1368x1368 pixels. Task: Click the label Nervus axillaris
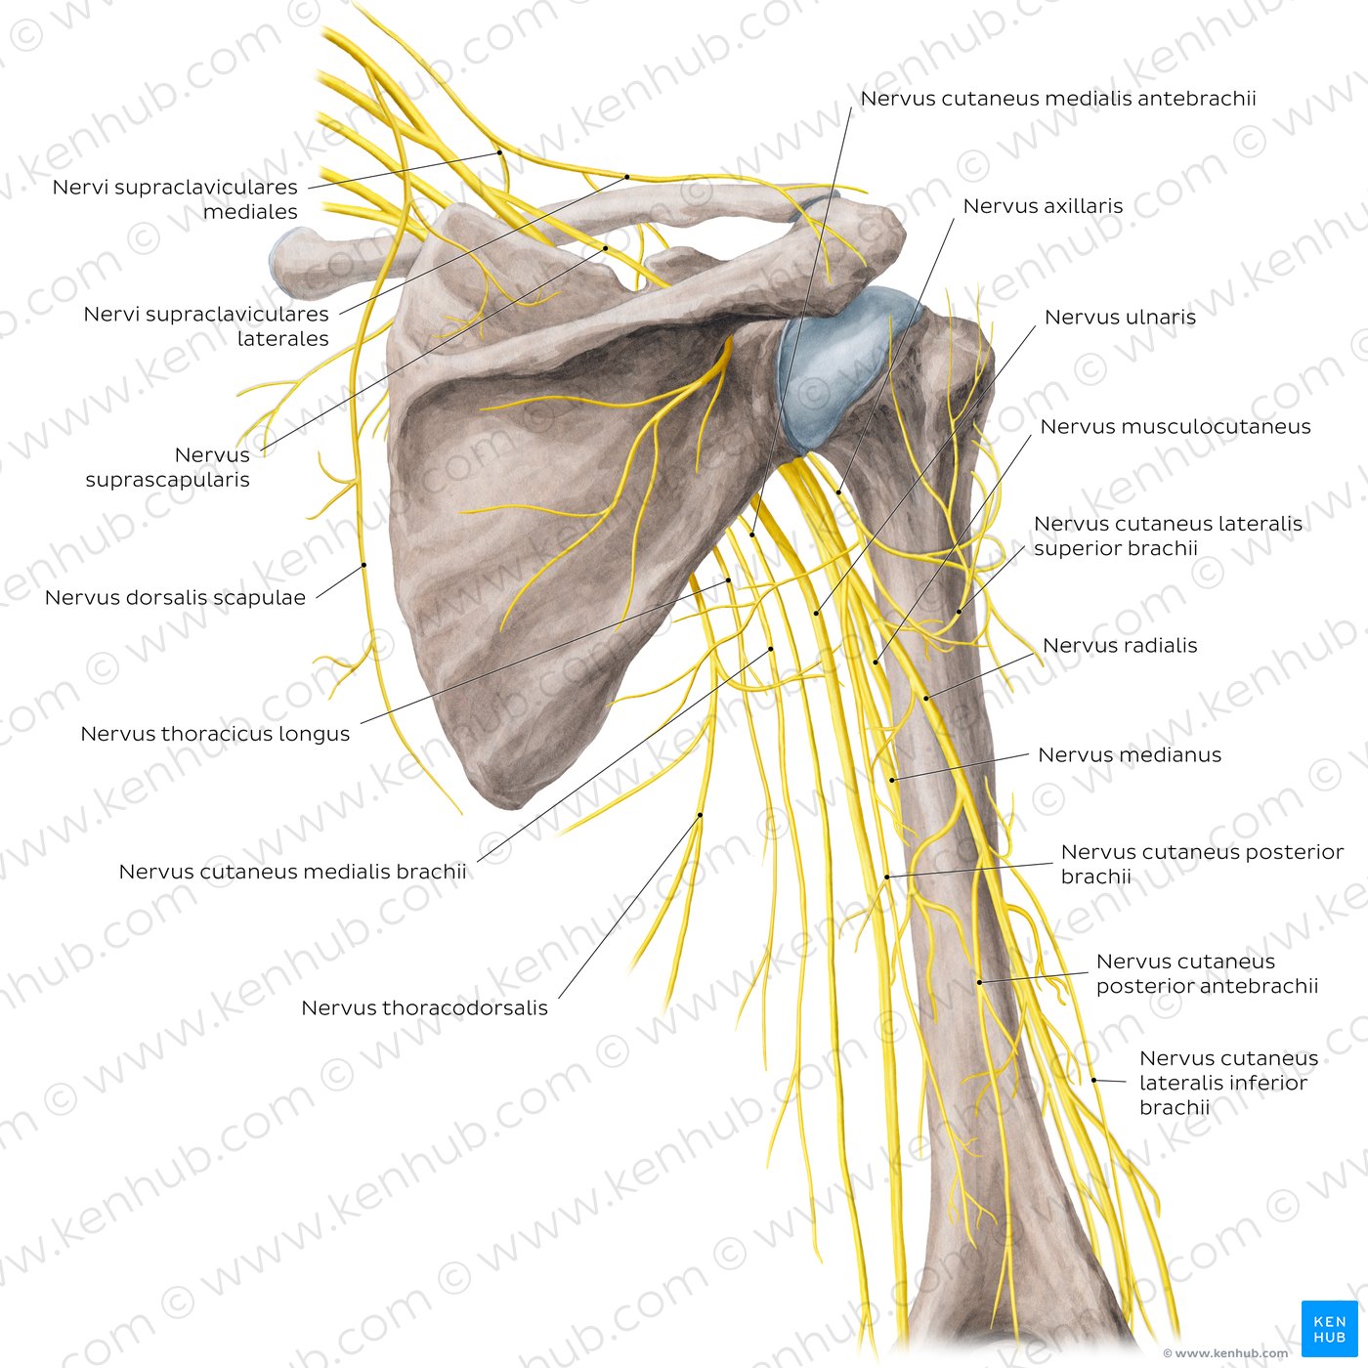click(x=1043, y=206)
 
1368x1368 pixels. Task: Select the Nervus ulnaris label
click(x=1120, y=317)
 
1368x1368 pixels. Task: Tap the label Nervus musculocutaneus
click(x=1175, y=426)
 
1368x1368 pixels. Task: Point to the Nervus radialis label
click(x=1120, y=645)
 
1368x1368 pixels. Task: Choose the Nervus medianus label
click(x=1130, y=754)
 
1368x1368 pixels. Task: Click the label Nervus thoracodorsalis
click(x=424, y=1007)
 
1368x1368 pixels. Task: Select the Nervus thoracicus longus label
click(x=215, y=733)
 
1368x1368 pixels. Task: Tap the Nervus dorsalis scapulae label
click(x=175, y=597)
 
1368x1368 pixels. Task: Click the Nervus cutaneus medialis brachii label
click(x=292, y=871)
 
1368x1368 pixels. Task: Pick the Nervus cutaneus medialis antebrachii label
click(x=1058, y=98)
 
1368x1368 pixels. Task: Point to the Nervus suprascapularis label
click(x=167, y=467)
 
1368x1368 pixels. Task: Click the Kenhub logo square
click(x=1329, y=1328)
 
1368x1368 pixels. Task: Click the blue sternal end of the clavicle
click(x=284, y=259)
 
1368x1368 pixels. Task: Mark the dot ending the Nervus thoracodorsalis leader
click(x=700, y=815)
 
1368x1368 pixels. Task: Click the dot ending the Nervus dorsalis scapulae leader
click(x=363, y=565)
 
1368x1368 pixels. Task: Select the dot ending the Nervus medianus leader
click(x=892, y=780)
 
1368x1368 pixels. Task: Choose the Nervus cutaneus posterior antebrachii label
click(x=1207, y=973)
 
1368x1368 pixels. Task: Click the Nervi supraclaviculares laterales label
click(x=206, y=325)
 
